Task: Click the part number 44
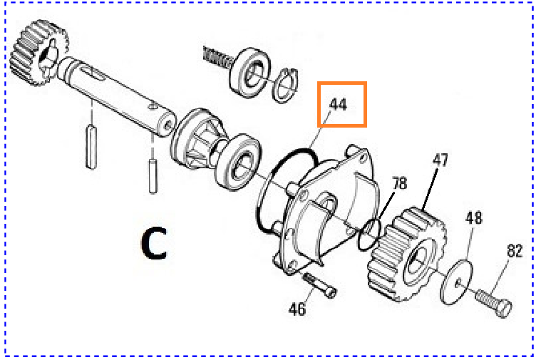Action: tap(338, 104)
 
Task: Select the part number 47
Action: tap(440, 160)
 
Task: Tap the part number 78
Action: tap(400, 183)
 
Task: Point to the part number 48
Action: tap(474, 218)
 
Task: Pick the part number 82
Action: tap(515, 251)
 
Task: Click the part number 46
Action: tap(297, 309)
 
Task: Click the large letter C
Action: tap(154, 242)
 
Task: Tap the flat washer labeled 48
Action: tap(457, 283)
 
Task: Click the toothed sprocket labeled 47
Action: tap(406, 254)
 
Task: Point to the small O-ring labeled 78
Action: tap(369, 235)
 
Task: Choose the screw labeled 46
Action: tap(319, 285)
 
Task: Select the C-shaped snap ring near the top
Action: tap(286, 86)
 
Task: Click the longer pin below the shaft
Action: tap(91, 146)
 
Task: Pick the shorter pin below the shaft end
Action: tap(153, 175)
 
